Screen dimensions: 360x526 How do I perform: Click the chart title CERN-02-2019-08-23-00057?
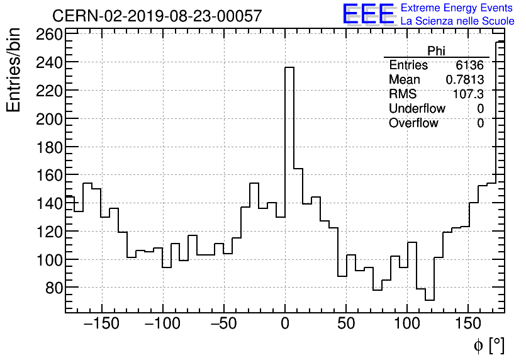pos(157,16)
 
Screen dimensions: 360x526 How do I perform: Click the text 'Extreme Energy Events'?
pos(457,8)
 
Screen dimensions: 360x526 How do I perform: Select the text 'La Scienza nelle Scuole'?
pos(457,21)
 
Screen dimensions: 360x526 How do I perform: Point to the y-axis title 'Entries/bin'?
pos(13,70)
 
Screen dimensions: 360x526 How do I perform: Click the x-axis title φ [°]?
pos(489,346)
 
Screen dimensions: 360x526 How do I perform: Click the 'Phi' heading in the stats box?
pos(436,51)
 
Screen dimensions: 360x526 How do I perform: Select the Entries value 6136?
pos(470,65)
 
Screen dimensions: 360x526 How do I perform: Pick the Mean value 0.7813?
pos(465,80)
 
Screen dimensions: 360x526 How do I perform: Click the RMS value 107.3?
pos(469,94)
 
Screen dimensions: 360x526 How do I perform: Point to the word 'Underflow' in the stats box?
pos(417,109)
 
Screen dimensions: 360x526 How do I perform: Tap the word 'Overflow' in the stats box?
pos(413,123)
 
